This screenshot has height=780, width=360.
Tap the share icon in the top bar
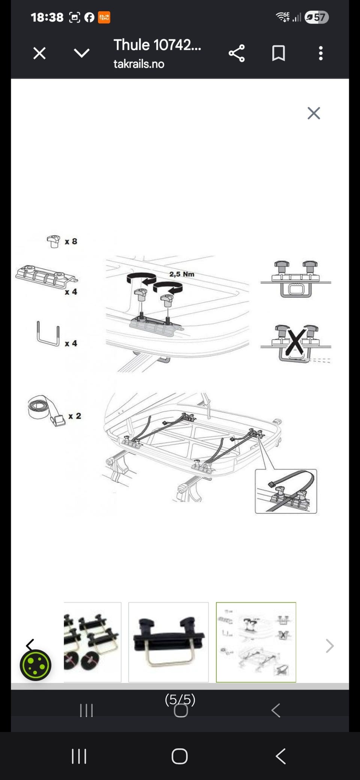coord(237,53)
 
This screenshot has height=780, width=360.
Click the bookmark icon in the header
coord(278,53)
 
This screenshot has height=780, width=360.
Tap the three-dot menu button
coord(321,53)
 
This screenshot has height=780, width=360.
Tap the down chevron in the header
coord(82,53)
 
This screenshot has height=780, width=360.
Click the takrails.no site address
coord(139,64)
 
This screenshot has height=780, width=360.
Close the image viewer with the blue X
coord(313,113)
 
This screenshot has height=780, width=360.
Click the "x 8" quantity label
coord(71,241)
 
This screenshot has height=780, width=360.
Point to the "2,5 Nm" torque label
coord(182,274)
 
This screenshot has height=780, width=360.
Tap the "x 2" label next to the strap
coord(75,416)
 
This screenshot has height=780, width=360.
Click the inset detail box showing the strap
coord(286,491)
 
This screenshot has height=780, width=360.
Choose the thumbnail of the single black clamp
coord(168,642)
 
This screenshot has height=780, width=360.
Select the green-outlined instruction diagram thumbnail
coord(256,642)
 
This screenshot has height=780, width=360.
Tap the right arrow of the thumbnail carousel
coord(330,646)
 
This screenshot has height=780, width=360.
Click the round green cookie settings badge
coord(36,665)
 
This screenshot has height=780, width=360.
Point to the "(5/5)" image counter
coord(180,699)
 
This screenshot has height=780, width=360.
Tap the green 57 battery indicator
coord(317,17)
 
